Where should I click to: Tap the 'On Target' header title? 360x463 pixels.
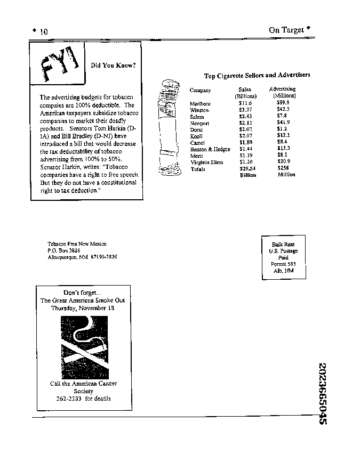point(286,30)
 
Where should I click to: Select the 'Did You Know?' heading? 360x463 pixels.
point(113,66)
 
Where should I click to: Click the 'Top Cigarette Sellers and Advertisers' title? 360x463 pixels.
point(257,75)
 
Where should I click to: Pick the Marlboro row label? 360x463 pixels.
point(200,103)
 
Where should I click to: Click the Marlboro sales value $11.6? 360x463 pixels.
point(245,103)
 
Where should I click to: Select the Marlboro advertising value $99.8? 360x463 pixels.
point(283,102)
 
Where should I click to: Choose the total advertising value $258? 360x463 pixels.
point(283,168)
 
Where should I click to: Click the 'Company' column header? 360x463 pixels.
point(200,91)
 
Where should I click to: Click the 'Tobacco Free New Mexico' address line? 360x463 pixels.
point(77,243)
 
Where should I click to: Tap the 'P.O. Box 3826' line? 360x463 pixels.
point(63,250)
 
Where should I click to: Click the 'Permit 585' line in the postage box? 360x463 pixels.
point(284,264)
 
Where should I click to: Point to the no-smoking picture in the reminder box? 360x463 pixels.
point(84,346)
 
